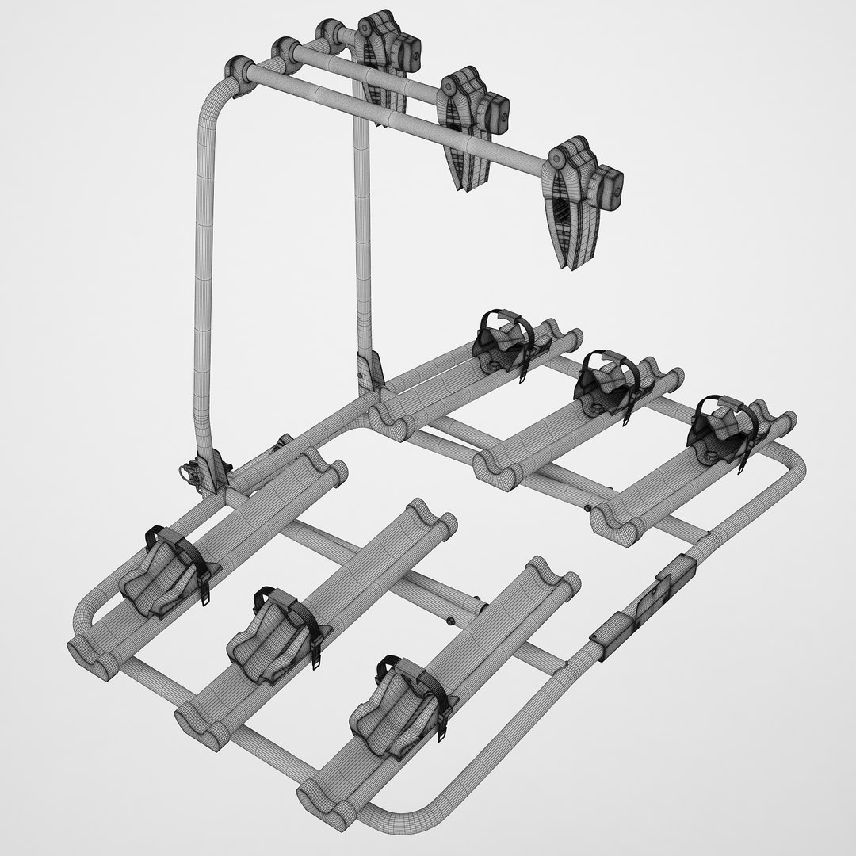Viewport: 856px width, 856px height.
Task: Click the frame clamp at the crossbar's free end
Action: point(577,202)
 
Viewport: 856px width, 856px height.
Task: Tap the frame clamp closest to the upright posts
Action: point(380,59)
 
